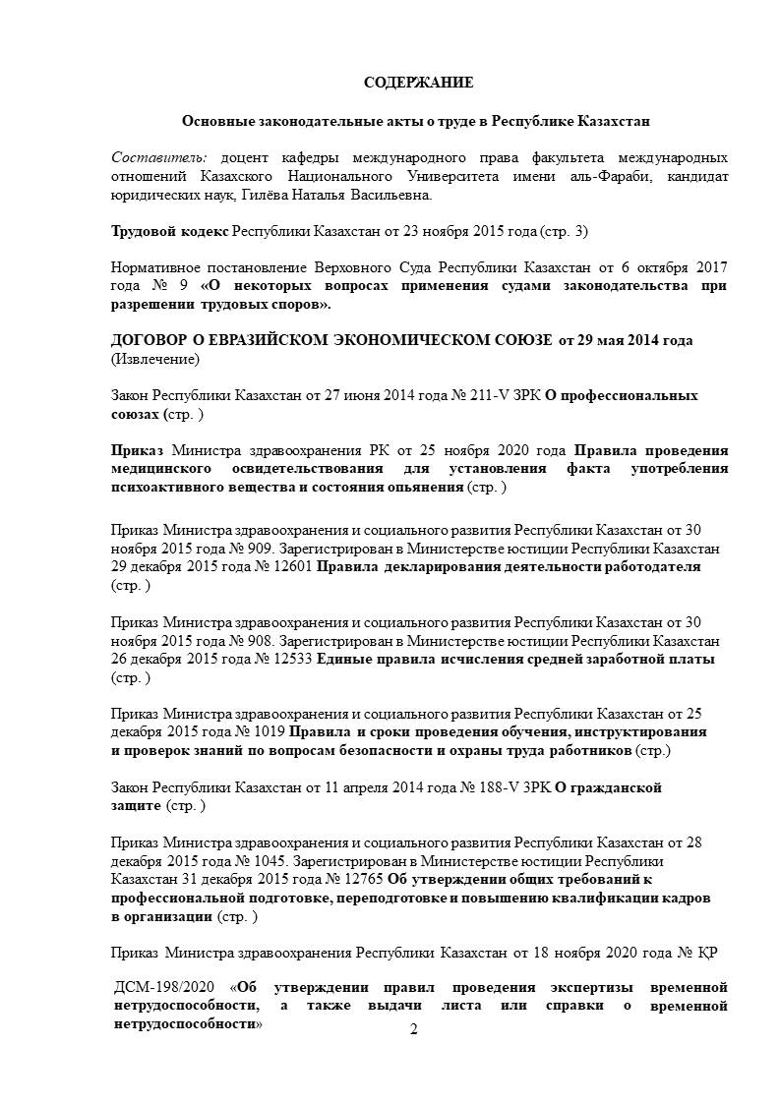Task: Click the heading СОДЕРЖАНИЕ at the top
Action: pyautogui.click(x=419, y=82)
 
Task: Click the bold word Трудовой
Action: pyautogui.click(x=145, y=232)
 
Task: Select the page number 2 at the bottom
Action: pyautogui.click(x=413, y=1029)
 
